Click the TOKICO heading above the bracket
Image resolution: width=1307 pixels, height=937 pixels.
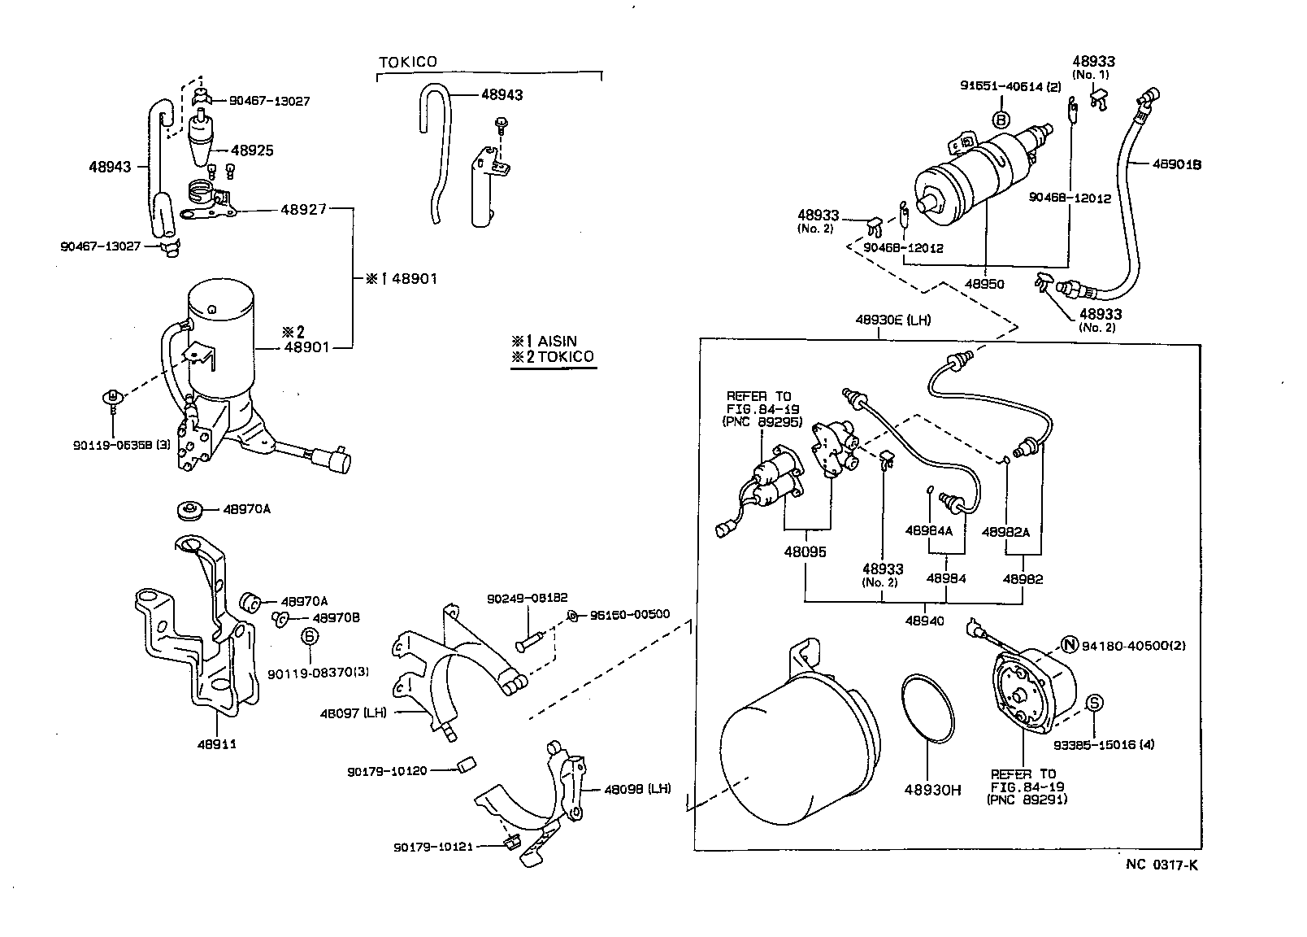click(407, 62)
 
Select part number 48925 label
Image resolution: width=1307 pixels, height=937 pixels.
click(252, 150)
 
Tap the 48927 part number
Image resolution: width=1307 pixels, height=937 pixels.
click(303, 209)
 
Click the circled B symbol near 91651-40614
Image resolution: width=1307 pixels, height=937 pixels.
click(1001, 120)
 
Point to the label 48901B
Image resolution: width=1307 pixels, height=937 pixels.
click(1177, 164)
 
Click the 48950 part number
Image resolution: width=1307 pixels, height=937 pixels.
click(984, 285)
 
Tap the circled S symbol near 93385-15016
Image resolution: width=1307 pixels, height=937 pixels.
click(1094, 703)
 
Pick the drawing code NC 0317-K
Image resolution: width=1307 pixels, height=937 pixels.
click(1161, 865)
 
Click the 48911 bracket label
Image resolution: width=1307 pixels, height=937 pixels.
click(217, 743)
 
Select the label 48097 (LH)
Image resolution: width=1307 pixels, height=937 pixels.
click(353, 713)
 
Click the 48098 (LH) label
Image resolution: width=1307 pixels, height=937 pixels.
click(637, 789)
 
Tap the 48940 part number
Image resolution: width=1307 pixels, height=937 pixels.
click(924, 621)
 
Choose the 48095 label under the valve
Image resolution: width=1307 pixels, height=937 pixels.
click(805, 551)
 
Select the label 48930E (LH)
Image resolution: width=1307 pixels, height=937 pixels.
click(892, 320)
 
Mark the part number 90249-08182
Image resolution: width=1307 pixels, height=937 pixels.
click(527, 598)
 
